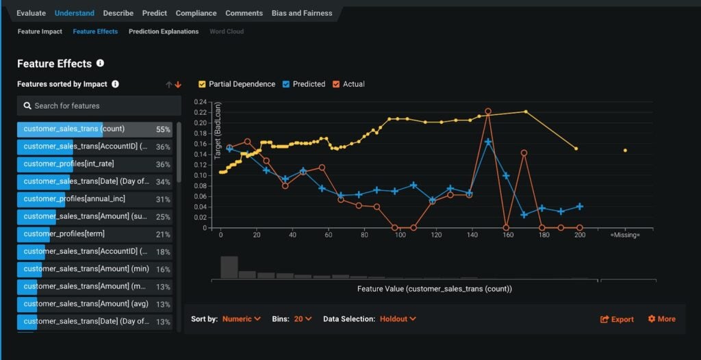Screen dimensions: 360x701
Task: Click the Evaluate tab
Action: tap(31, 13)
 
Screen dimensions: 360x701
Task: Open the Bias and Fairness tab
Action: tap(301, 13)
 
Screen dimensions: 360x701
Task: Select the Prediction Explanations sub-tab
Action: tap(164, 31)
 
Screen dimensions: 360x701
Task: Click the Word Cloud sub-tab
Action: tap(226, 31)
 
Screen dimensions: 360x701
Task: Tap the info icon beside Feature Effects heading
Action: tap(100, 63)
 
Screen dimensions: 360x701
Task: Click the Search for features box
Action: tap(99, 106)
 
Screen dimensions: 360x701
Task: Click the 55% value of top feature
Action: tap(163, 129)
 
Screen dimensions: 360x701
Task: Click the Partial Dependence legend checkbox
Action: tap(202, 84)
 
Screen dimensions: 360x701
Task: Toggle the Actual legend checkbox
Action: tap(335, 84)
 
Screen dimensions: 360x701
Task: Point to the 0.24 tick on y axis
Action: tap(200, 102)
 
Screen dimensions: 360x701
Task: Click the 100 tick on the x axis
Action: tap(400, 235)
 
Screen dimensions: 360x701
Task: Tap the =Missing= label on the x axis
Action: tap(624, 235)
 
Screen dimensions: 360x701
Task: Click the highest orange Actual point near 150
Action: tap(488, 111)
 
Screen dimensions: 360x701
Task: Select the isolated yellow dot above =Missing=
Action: tap(625, 151)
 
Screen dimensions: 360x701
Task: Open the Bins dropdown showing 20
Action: tap(303, 319)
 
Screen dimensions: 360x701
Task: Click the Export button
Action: tap(617, 320)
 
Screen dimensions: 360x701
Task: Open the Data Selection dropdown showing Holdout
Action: tap(398, 319)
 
